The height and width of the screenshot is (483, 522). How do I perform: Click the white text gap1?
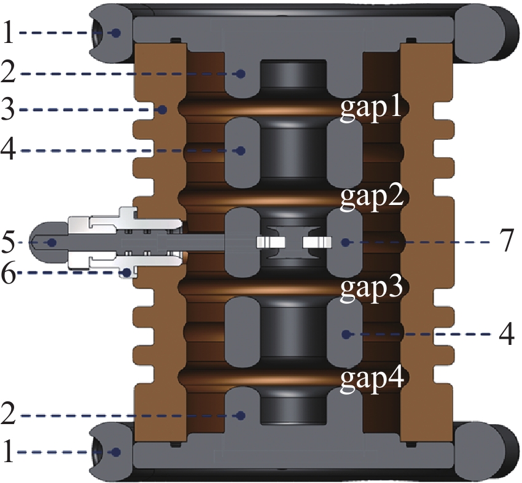click(371, 109)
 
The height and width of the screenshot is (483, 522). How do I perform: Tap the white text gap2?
click(371, 198)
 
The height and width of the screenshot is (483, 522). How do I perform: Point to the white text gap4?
click(371, 378)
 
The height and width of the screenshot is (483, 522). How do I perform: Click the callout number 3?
click(9, 110)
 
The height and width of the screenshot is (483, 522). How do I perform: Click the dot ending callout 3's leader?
click(163, 110)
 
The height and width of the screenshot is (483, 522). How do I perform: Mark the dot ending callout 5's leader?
click(52, 242)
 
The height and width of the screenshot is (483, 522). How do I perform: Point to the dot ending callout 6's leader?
click(126, 272)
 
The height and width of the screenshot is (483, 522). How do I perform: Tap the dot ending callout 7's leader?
click(345, 242)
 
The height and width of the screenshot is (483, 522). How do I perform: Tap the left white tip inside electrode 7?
click(269, 242)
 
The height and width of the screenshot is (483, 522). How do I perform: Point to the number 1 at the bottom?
click(9, 452)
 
